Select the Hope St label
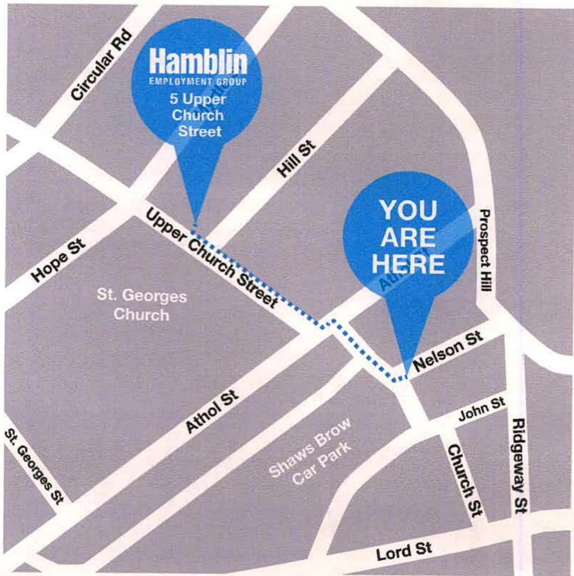[x=56, y=263]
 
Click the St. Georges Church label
[x=142, y=305]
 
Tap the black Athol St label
[x=213, y=413]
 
